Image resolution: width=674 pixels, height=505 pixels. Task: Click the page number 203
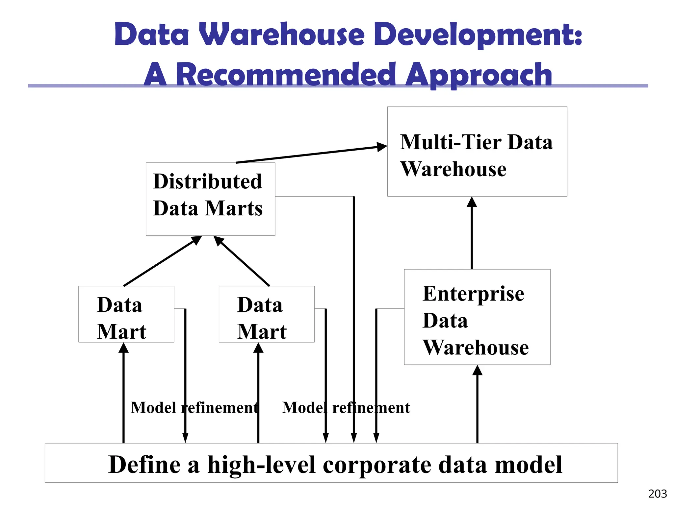[657, 494]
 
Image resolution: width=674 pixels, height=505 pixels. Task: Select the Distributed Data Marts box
[210, 199]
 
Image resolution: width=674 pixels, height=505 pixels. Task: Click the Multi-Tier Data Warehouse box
[477, 152]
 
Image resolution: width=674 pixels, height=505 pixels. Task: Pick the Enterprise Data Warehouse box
[477, 317]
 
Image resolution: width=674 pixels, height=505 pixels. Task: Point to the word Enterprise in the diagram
[473, 294]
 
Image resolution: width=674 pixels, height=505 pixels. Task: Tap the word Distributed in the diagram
[207, 181]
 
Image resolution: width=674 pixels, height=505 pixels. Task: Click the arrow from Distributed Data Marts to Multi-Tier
[311, 155]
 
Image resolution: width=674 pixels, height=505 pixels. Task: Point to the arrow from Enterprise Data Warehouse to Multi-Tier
[472, 233]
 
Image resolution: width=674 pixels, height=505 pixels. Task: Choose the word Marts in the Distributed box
[234, 208]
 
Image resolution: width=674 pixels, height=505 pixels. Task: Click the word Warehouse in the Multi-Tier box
[453, 169]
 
